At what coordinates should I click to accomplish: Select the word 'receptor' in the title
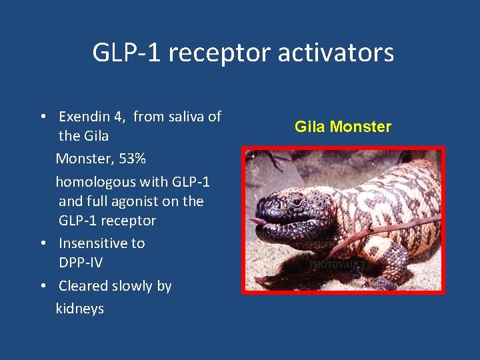pos(222,52)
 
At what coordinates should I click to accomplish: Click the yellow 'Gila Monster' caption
pos(343,127)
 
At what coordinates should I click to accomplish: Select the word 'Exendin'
pos(83,117)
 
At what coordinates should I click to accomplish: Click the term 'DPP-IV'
pos(81,263)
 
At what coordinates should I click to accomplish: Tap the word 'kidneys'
pos(80,308)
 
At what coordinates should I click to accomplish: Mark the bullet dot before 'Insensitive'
pos(42,243)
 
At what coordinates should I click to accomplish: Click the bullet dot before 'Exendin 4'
pos(42,117)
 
